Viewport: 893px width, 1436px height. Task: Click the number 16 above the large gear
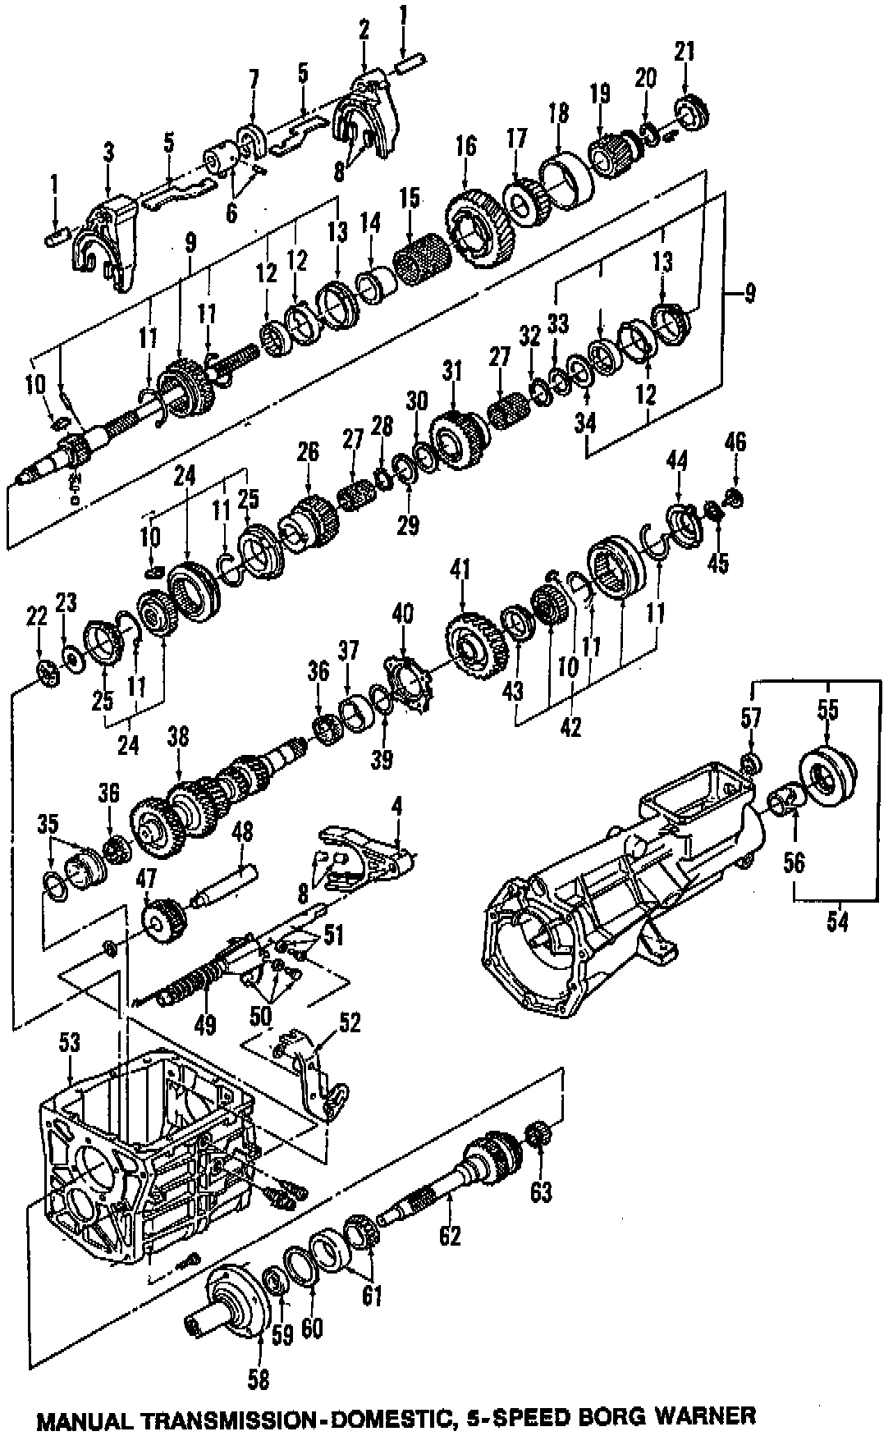465,147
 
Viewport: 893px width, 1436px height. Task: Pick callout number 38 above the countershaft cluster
177,736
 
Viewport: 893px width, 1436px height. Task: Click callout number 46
735,442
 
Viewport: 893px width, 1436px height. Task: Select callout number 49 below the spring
204,1024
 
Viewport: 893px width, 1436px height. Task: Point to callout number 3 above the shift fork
109,151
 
